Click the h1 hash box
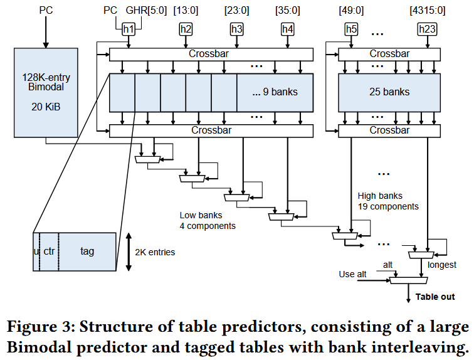click(129, 29)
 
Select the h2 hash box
click(186, 29)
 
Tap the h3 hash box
click(236, 29)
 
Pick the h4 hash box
click(287, 29)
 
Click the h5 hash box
click(351, 29)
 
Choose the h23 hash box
click(428, 29)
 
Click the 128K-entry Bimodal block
click(45, 92)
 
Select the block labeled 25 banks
click(389, 92)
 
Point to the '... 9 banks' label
click(275, 92)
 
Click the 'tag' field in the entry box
click(87, 251)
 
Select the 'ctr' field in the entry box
click(50, 251)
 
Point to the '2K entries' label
click(155, 252)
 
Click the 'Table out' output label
click(435, 297)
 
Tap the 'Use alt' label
click(352, 274)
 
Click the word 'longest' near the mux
click(443, 265)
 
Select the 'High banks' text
click(380, 196)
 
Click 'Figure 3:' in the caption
click(42, 327)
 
